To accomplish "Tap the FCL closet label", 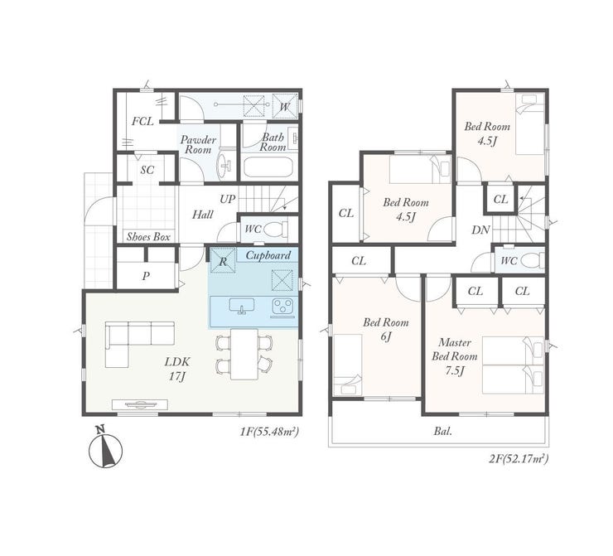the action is click(142, 122).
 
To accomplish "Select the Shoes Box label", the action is click(148, 237).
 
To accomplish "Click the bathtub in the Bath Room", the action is click(268, 167).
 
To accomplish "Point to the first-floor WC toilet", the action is click(276, 230).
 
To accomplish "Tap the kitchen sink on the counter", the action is click(242, 306).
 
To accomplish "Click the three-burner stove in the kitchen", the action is click(282, 306).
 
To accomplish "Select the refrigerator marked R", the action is click(223, 261).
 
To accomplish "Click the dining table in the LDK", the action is click(244, 354).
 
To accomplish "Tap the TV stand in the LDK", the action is click(140, 404).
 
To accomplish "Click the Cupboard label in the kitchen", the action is click(268, 255).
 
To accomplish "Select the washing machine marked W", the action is click(285, 106).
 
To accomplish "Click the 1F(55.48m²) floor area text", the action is click(269, 432).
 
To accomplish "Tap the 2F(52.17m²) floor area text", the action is click(519, 458).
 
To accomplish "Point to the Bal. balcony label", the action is click(442, 431).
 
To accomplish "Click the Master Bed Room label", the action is click(454, 349).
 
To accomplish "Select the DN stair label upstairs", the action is click(480, 230).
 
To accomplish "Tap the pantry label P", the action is click(146, 276).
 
